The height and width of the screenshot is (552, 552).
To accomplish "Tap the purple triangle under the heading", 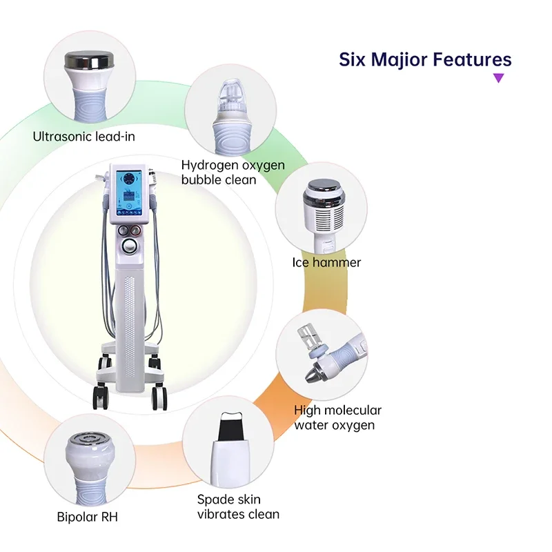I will pos(498,78).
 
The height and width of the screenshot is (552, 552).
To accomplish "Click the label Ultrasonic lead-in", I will pos(83,136).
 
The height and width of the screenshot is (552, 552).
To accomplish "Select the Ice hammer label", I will pos(326,262).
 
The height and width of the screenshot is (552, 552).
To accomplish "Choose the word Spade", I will pos(215,499).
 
